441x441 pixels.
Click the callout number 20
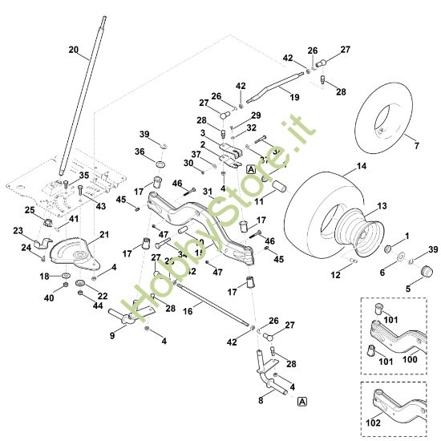[x=74, y=50]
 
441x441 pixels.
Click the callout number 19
[x=294, y=98]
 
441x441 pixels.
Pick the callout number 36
[x=140, y=152]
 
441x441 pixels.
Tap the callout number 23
[x=18, y=230]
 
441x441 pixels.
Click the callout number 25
[x=30, y=210]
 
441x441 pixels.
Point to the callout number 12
[x=335, y=275]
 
